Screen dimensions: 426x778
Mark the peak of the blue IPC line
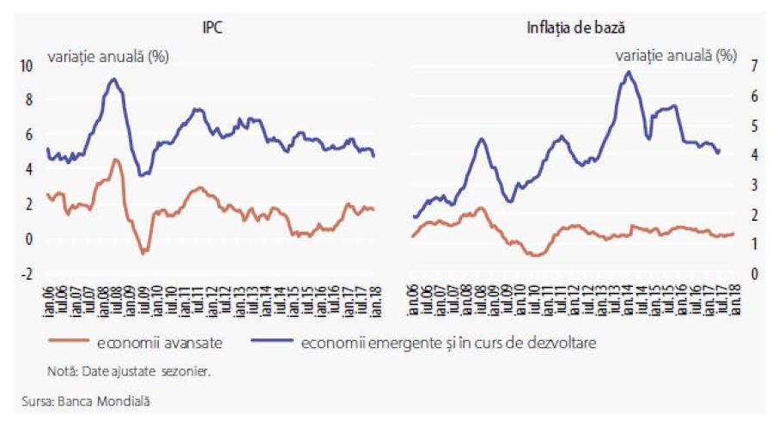point(113,79)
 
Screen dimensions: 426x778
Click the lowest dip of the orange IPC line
point(143,253)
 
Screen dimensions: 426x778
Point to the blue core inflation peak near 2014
point(629,72)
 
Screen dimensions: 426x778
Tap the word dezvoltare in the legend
point(562,343)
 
